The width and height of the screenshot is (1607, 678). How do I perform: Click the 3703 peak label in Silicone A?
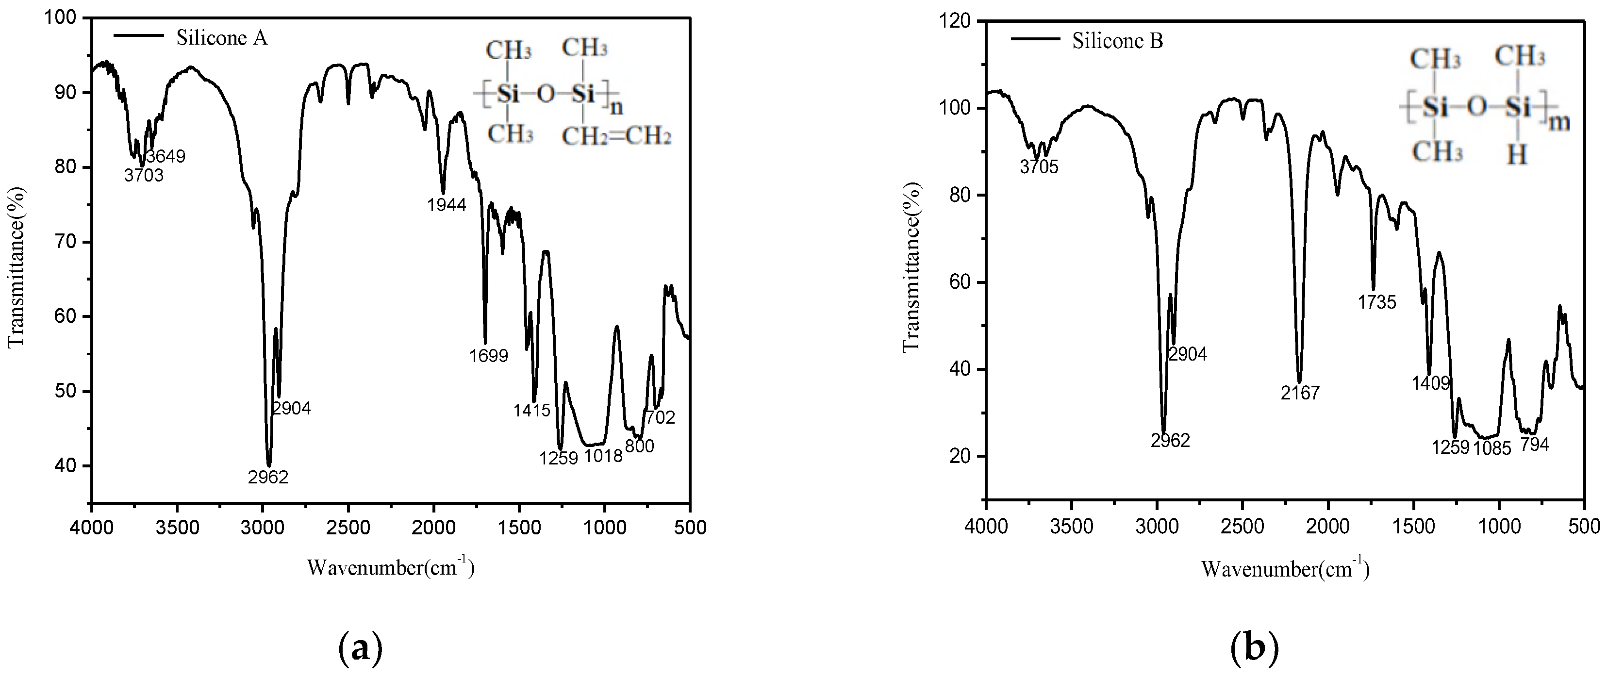pos(144,176)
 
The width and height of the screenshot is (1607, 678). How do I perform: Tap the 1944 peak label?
pos(447,205)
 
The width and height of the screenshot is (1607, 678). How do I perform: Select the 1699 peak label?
pos(488,356)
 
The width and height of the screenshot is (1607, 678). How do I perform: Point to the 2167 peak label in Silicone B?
pos(1300,393)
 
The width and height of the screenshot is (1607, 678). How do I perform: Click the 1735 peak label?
pos(1377,302)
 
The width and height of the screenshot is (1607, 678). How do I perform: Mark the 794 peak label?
pos(1534,445)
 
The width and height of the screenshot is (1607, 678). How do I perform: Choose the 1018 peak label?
pos(603,456)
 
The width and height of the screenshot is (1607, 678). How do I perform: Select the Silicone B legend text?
pos(1117,41)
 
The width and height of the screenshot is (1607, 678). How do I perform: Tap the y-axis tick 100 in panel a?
pos(61,18)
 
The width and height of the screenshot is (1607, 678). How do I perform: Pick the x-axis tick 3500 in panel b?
pos(1071,527)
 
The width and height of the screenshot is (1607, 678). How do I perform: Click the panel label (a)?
pos(360,649)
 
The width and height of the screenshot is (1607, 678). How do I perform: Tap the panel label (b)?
pos(1255,649)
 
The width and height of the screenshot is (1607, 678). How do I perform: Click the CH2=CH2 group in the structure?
pos(616,136)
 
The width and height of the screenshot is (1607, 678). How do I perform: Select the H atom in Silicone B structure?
pos(1517,154)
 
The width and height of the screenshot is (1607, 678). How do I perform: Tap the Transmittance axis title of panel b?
pos(912,266)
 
